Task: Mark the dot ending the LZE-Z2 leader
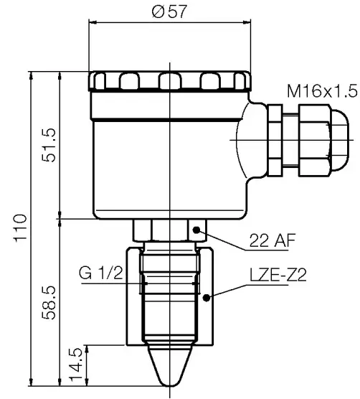pyautogui.click(x=207, y=296)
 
